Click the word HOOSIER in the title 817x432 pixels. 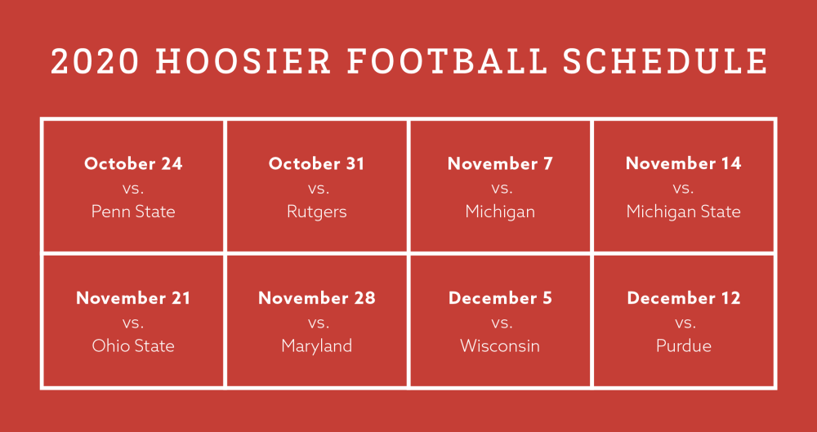tap(243, 61)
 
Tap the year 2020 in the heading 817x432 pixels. tap(94, 61)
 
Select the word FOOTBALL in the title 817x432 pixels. tap(447, 61)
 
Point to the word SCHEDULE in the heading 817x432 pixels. tap(665, 61)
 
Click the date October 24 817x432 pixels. tap(133, 163)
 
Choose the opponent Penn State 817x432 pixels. tap(133, 212)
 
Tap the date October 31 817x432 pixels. tap(317, 163)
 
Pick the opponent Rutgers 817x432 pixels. tap(317, 212)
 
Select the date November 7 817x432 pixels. tap(500, 163)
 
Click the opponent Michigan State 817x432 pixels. tap(684, 212)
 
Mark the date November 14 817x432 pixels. tap(684, 163)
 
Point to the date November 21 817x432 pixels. tap(133, 298)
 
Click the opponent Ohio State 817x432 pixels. tap(133, 346)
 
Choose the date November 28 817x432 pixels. tap(317, 298)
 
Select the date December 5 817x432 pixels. tap(500, 298)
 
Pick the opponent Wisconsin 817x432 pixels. tap(500, 346)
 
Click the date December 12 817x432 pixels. tap(684, 298)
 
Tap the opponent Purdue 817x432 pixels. tap(684, 346)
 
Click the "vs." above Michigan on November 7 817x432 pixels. tap(500, 189)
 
